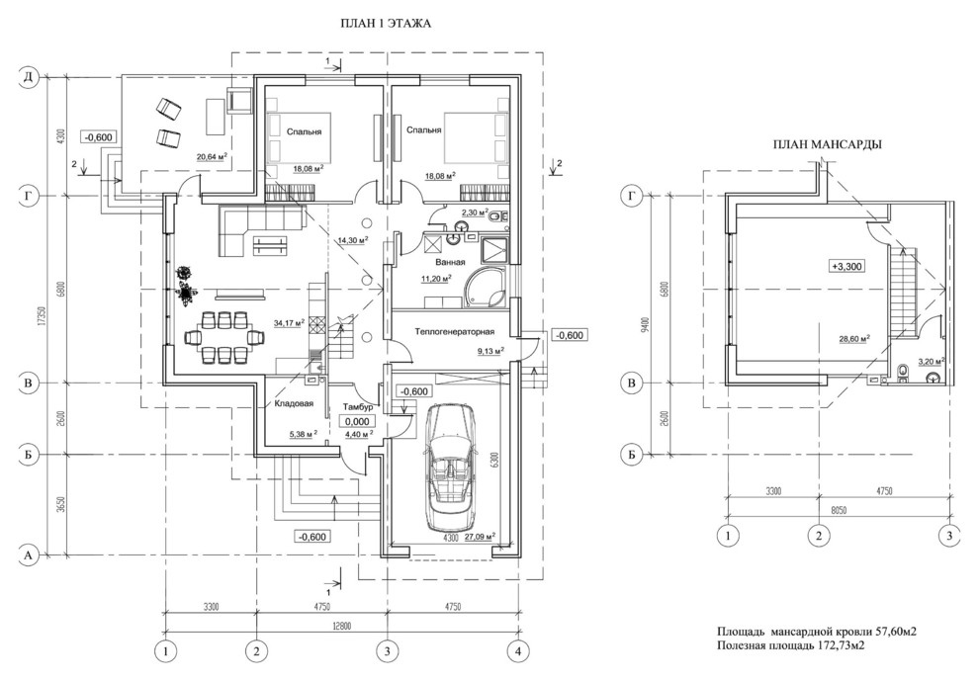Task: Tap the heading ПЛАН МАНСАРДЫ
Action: pos(827,146)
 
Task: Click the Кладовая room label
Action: pos(294,404)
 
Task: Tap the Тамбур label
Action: pos(356,407)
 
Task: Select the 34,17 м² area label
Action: pos(288,322)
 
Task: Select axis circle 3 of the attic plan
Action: pos(949,536)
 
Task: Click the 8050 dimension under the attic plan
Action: pos(840,511)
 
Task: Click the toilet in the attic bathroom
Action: pos(902,373)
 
